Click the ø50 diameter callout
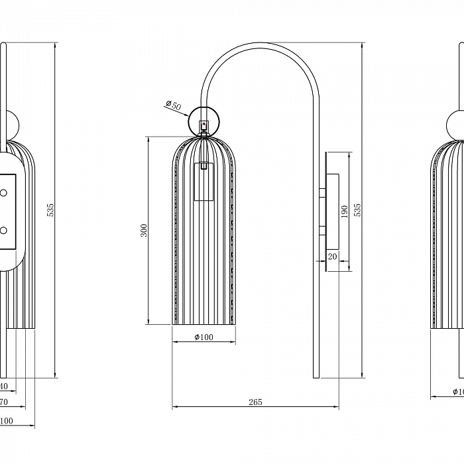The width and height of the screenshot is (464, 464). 172,105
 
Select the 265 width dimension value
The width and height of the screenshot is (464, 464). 256,402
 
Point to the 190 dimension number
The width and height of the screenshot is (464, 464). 345,212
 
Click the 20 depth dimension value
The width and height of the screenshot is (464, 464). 332,257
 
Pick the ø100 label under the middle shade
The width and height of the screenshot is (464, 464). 203,337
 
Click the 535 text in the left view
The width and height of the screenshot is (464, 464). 50,210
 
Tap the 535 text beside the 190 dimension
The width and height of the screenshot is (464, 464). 358,210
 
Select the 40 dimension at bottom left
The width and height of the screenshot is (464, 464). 3,386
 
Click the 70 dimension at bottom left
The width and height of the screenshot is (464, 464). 3,402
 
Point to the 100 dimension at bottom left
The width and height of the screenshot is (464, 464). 6,421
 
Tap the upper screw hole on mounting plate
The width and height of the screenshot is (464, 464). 3,192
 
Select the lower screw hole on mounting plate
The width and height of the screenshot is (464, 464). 3,231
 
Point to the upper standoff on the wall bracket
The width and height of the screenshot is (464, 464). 323,193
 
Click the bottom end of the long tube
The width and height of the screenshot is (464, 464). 316,377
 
